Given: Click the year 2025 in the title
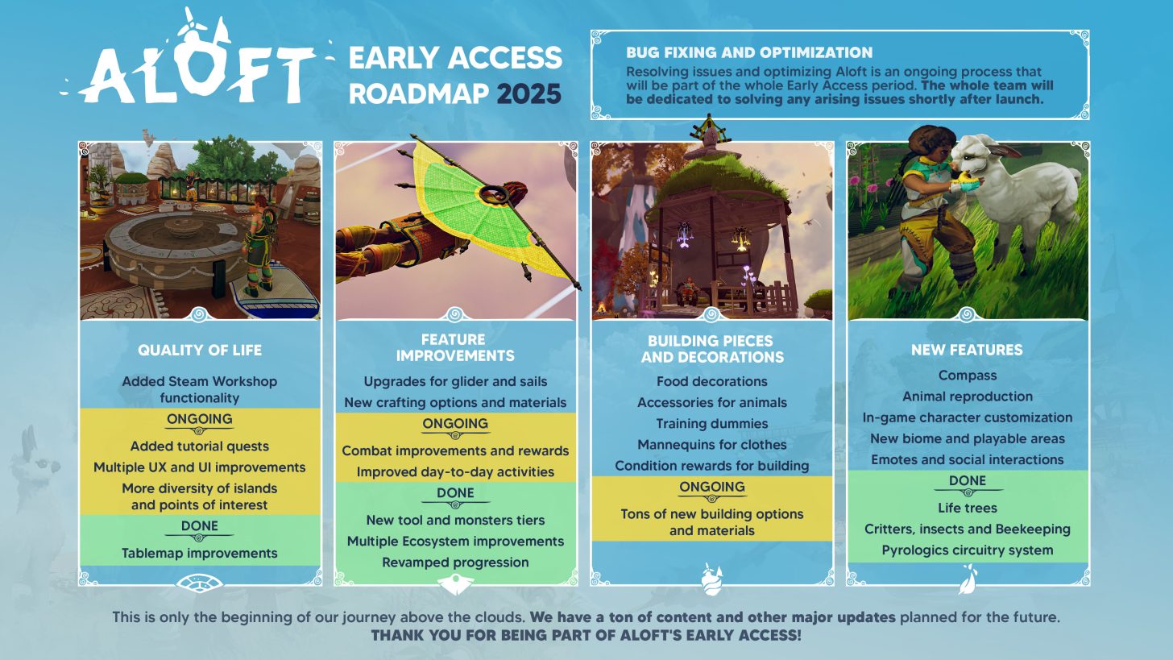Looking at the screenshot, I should coord(528,93).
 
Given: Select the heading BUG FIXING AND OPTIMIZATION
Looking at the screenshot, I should coord(748,52).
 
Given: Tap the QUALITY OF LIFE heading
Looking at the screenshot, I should coord(200,350).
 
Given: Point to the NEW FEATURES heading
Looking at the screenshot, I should coord(967,350).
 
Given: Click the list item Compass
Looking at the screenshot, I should coord(967,376).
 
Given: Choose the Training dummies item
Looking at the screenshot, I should coord(711,424).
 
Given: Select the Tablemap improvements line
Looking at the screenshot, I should coord(200,554).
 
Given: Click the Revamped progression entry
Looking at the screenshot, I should coord(455,562).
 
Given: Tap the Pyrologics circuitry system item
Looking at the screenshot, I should coord(967,550).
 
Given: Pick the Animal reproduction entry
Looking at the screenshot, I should coord(967,396).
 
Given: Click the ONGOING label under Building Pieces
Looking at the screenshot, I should coord(711,487).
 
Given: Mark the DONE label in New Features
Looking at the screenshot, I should coord(967,481).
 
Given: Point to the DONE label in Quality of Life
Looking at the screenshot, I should coord(200,526).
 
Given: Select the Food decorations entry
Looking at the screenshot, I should coord(711,382).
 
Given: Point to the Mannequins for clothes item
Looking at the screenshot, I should coord(711,445).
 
